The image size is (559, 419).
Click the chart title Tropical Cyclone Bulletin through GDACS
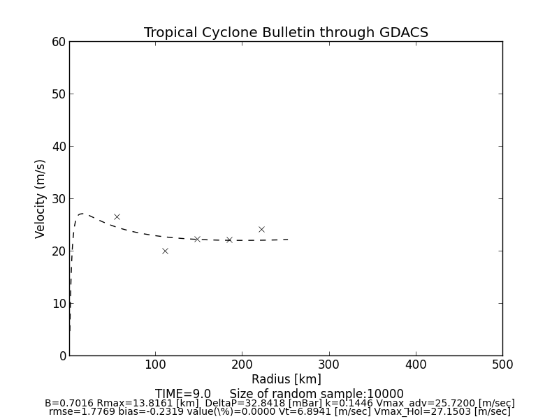click(x=286, y=33)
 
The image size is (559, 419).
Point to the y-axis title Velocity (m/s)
click(x=41, y=198)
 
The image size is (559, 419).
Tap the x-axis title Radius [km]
click(x=286, y=379)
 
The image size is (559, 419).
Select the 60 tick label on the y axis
click(x=58, y=42)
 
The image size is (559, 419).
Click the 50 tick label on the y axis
click(x=58, y=94)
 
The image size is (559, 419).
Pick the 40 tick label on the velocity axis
click(x=58, y=147)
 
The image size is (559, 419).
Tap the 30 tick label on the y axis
click(x=58, y=199)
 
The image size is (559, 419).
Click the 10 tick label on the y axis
click(x=58, y=304)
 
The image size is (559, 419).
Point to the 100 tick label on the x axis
click(x=155, y=365)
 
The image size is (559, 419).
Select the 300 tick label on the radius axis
click(x=328, y=365)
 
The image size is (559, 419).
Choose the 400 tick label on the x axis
click(x=416, y=365)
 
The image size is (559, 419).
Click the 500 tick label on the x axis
click(x=502, y=365)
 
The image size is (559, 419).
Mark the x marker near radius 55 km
click(x=117, y=216)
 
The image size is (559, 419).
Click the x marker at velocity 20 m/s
click(x=165, y=251)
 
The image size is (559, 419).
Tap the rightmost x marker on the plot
click(x=261, y=229)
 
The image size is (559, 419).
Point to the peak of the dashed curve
click(x=82, y=214)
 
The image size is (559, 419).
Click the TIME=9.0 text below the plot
click(x=183, y=394)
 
